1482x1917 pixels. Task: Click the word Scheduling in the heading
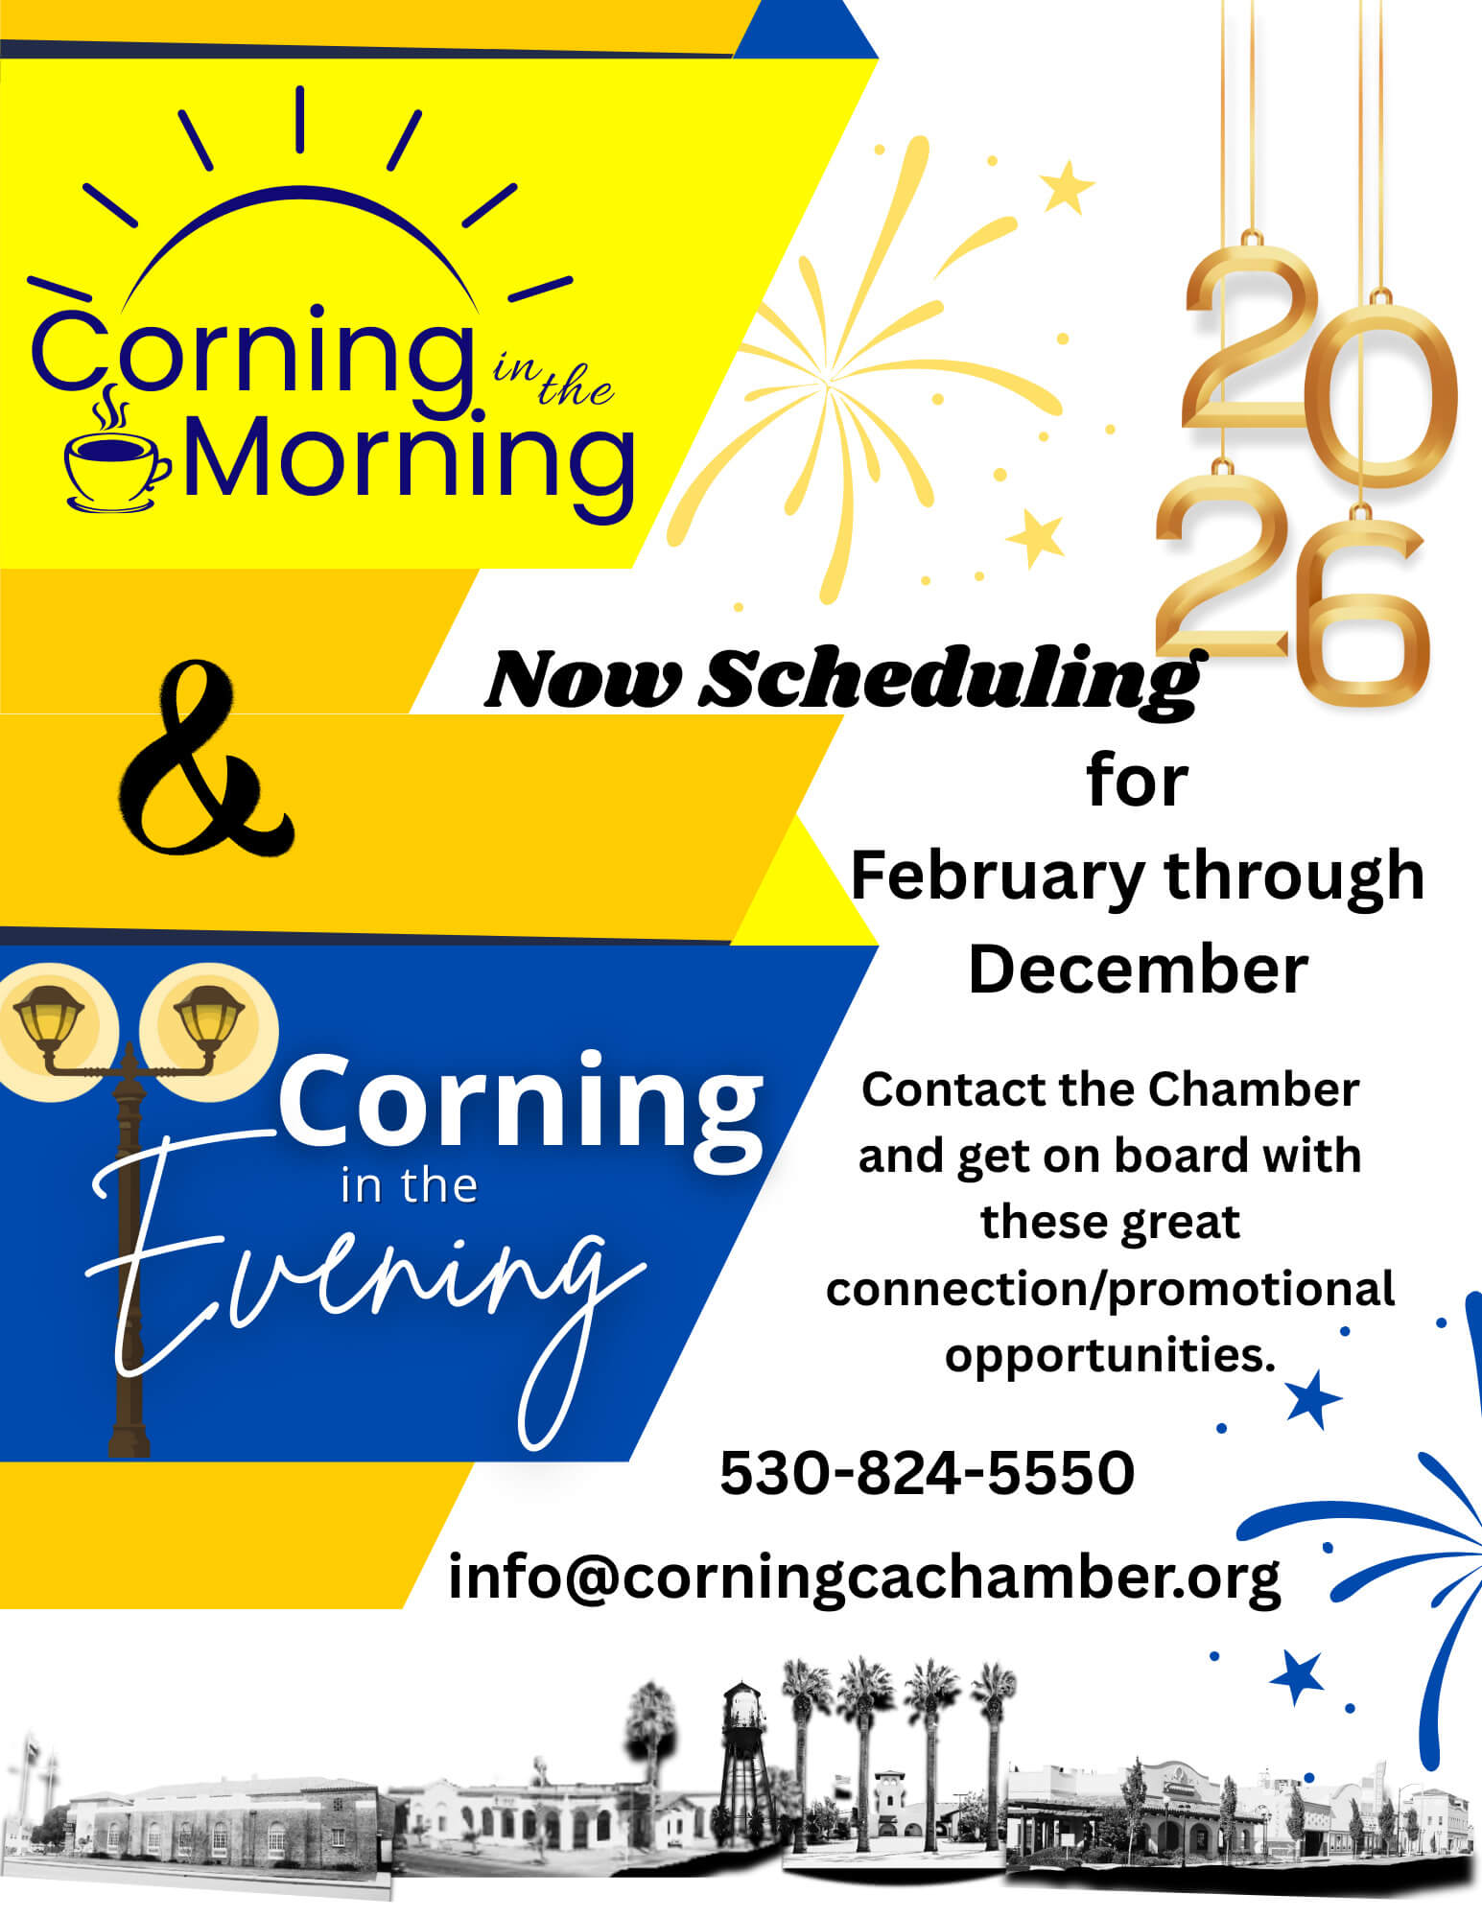[950, 679]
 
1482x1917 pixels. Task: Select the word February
[998, 876]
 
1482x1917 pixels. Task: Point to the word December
[1138, 970]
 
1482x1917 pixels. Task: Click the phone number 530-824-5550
[927, 1473]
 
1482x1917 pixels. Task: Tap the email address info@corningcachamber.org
[863, 1578]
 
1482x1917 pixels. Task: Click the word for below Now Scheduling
[1138, 782]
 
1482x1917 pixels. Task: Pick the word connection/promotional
[1110, 1289]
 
